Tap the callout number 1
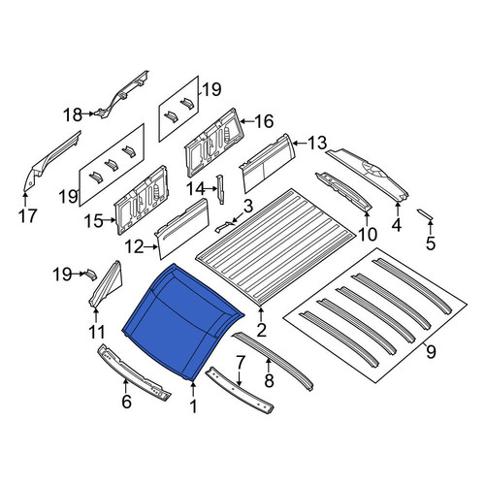coord(193,406)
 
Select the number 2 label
coord(261,330)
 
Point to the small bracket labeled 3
coord(224,226)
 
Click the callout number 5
coord(431,243)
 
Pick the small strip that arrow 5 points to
coord(425,214)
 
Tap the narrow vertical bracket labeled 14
coord(221,189)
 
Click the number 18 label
coord(73,114)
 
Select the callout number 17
coord(28,216)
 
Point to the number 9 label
coord(431,351)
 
